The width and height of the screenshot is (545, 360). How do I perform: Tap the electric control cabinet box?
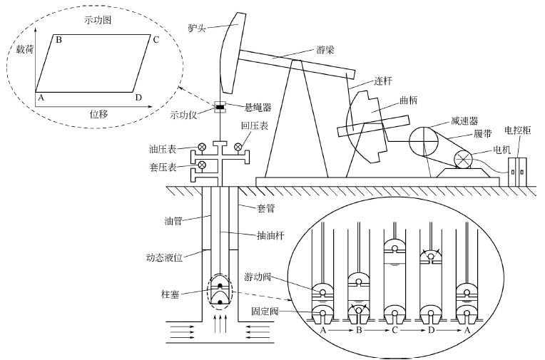coord(517,170)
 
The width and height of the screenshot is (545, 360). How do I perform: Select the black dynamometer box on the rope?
coord(220,108)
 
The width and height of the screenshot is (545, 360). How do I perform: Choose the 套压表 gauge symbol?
coord(202,166)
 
